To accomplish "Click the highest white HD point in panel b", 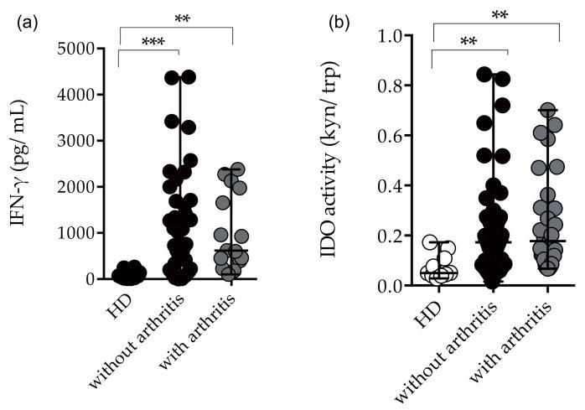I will pyautogui.click(x=432, y=242).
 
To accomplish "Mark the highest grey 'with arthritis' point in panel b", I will pyautogui.click(x=546, y=110).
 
